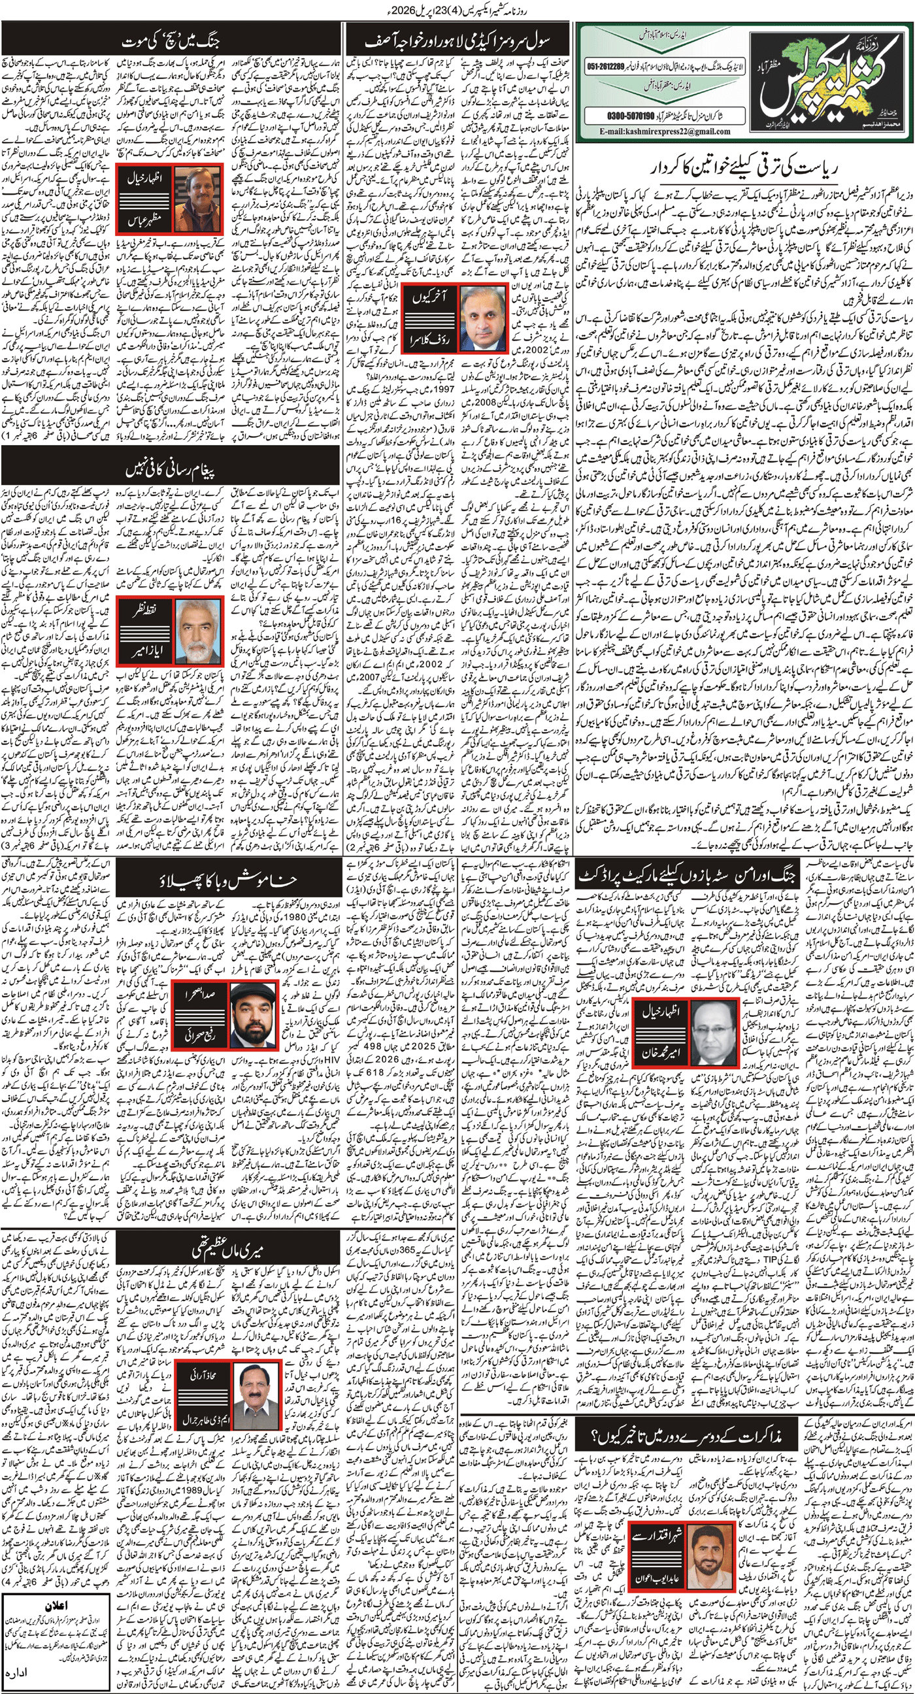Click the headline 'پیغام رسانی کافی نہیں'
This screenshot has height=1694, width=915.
[x=171, y=469]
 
